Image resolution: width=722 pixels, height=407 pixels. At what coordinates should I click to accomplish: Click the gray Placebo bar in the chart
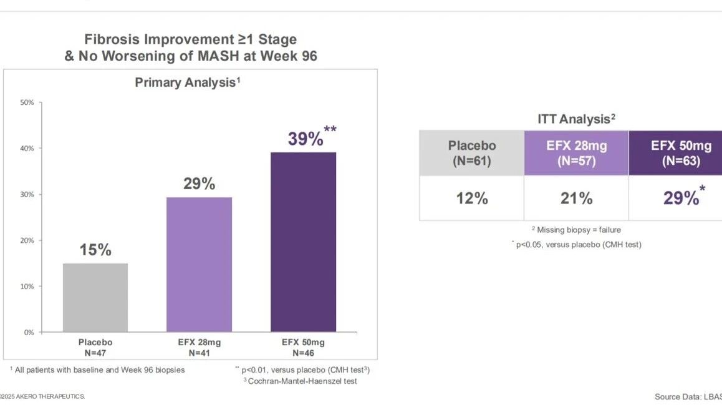[95, 298]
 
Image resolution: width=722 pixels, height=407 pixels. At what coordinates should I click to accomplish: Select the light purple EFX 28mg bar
[200, 265]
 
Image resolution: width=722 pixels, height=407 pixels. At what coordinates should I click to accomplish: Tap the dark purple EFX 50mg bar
[304, 242]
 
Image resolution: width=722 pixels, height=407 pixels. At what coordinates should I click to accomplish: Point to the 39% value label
[306, 139]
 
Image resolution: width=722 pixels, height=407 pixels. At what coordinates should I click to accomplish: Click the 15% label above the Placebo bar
[95, 250]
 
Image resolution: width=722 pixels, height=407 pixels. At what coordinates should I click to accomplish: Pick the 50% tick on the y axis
[27, 102]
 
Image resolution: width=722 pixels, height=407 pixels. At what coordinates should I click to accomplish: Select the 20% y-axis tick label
[27, 240]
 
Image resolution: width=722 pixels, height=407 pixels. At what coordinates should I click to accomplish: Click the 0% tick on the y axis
[29, 332]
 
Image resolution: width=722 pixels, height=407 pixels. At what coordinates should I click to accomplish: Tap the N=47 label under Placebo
[95, 353]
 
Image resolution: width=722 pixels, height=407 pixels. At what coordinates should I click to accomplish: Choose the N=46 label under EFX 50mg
[304, 353]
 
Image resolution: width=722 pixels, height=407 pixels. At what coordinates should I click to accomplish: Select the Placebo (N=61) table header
[472, 153]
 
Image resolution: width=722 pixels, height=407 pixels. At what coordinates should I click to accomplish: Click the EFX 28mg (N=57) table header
[577, 153]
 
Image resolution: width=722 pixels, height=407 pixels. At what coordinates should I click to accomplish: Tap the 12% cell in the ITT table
[472, 199]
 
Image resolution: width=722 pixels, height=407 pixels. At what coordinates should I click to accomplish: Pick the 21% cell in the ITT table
[577, 199]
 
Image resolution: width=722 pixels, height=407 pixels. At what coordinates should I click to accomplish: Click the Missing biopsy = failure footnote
[577, 230]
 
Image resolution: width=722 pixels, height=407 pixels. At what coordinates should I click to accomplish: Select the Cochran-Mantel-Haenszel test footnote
[301, 381]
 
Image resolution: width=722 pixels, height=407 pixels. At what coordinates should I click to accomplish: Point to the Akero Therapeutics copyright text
[42, 396]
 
